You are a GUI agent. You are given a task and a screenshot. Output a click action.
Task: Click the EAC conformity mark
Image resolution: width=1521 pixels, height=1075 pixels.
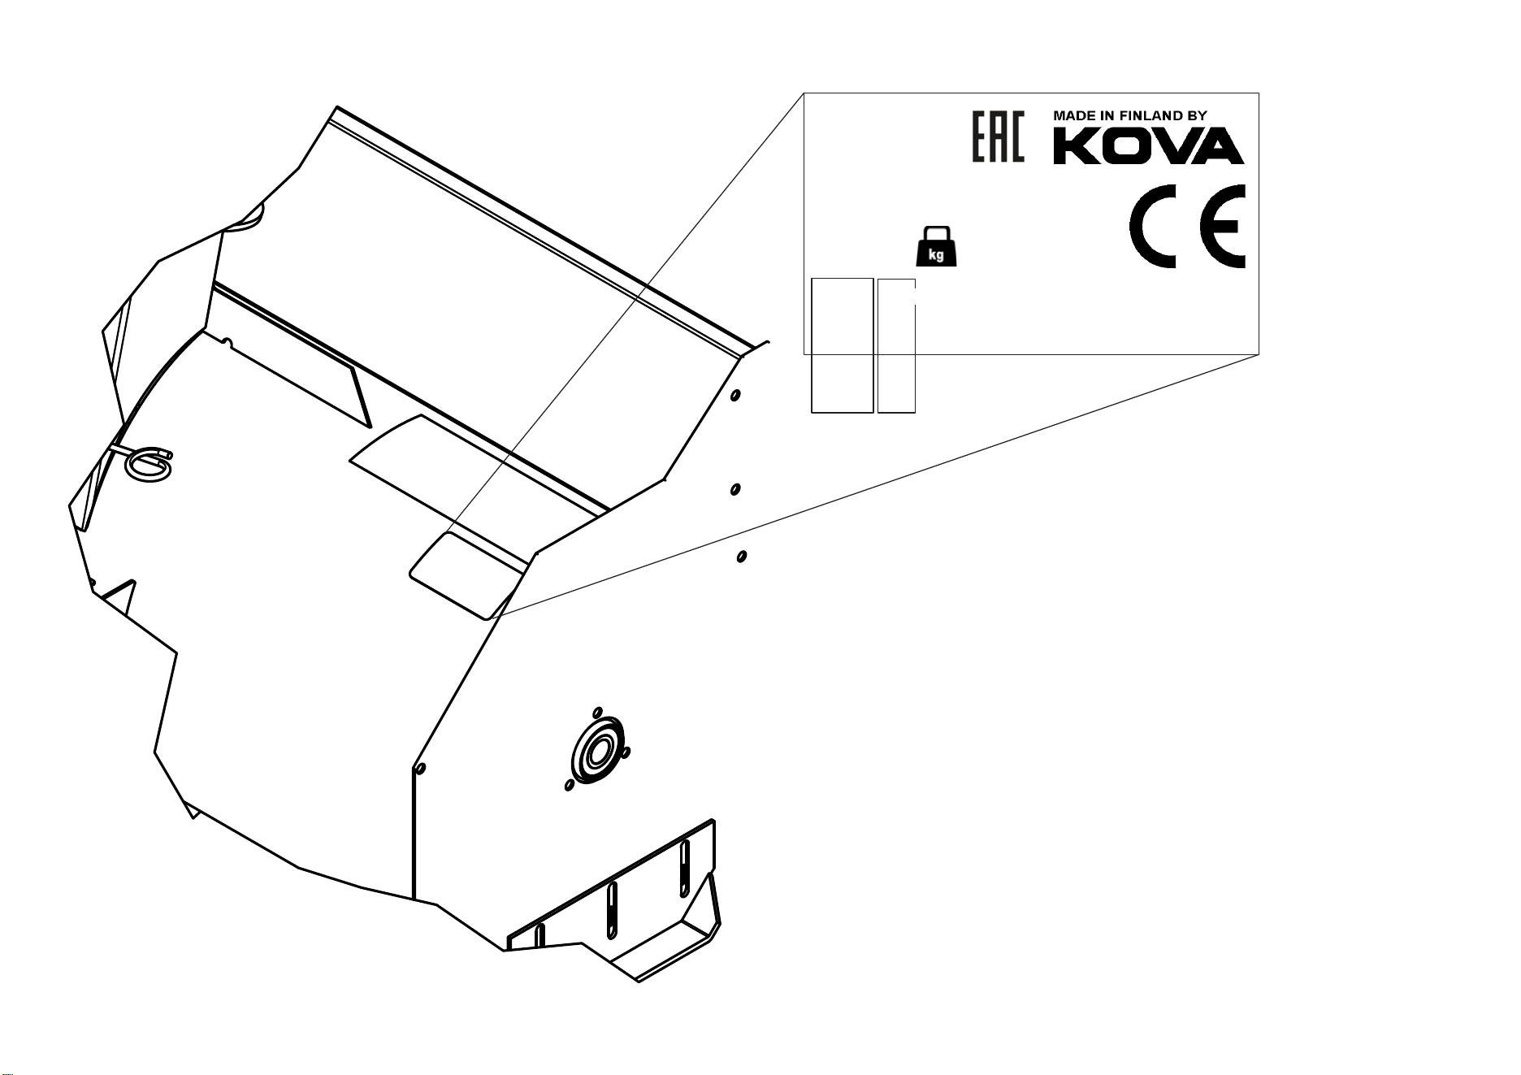click(x=998, y=136)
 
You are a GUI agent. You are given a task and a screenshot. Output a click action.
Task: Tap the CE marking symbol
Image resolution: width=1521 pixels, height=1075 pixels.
click(x=1187, y=225)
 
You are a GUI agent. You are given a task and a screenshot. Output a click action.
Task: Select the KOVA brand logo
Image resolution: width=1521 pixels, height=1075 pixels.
click(x=1149, y=147)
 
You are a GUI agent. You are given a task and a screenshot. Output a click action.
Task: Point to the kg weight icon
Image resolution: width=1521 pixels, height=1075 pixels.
click(x=936, y=247)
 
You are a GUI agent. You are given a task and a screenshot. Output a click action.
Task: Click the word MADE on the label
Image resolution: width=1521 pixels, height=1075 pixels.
click(x=1071, y=116)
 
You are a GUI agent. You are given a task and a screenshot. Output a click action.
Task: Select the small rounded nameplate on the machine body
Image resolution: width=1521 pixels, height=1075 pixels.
click(x=464, y=575)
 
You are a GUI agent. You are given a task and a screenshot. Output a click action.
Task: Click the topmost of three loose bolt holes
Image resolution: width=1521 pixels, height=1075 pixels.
click(x=734, y=396)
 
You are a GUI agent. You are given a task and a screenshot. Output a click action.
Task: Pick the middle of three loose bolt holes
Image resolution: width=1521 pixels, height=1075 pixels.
click(x=734, y=489)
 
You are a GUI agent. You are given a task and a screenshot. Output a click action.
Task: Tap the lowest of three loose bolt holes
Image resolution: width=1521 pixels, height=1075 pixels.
click(x=741, y=557)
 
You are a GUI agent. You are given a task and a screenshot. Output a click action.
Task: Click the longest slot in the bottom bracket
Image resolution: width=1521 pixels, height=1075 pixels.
click(x=685, y=868)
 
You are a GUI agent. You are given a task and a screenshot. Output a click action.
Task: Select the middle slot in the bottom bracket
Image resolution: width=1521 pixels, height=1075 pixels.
click(x=612, y=909)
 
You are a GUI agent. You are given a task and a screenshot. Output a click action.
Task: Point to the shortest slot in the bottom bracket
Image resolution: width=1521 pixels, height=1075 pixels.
click(x=539, y=935)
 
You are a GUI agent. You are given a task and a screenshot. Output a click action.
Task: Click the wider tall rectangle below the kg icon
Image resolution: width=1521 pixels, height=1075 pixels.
click(x=843, y=345)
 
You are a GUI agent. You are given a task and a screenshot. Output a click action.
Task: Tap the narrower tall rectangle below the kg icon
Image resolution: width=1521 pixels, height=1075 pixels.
click(x=897, y=345)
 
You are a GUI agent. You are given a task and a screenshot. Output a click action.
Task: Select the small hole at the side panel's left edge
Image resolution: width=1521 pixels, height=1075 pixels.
click(x=418, y=768)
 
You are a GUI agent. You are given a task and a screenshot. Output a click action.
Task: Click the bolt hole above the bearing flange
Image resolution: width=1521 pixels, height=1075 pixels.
click(x=598, y=713)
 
